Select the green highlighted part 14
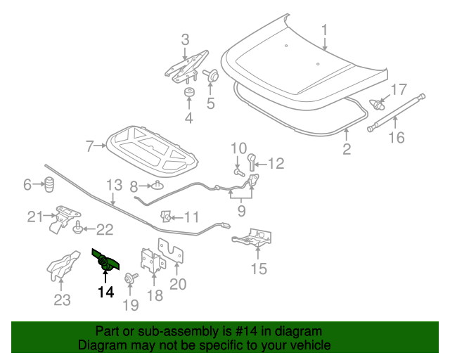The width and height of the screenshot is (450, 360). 105,262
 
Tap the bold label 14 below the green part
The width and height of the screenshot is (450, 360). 105,292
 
